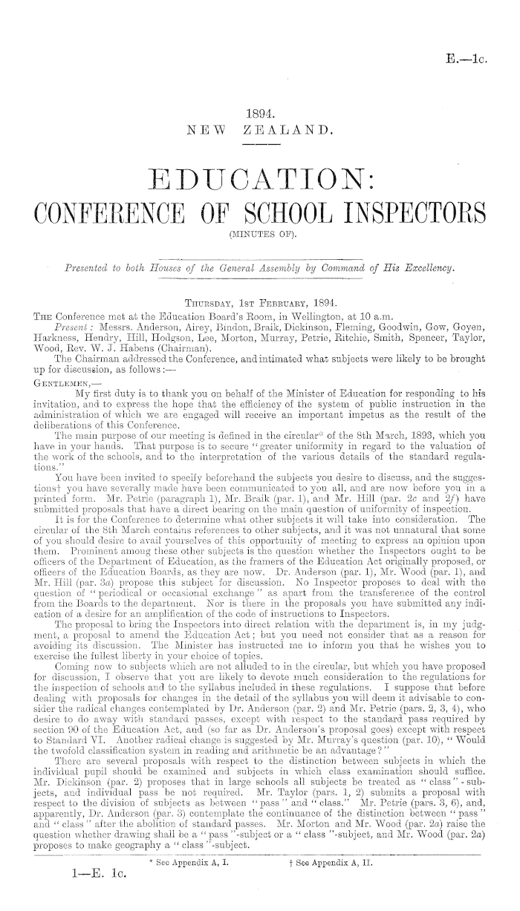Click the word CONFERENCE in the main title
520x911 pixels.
tap(120, 217)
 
